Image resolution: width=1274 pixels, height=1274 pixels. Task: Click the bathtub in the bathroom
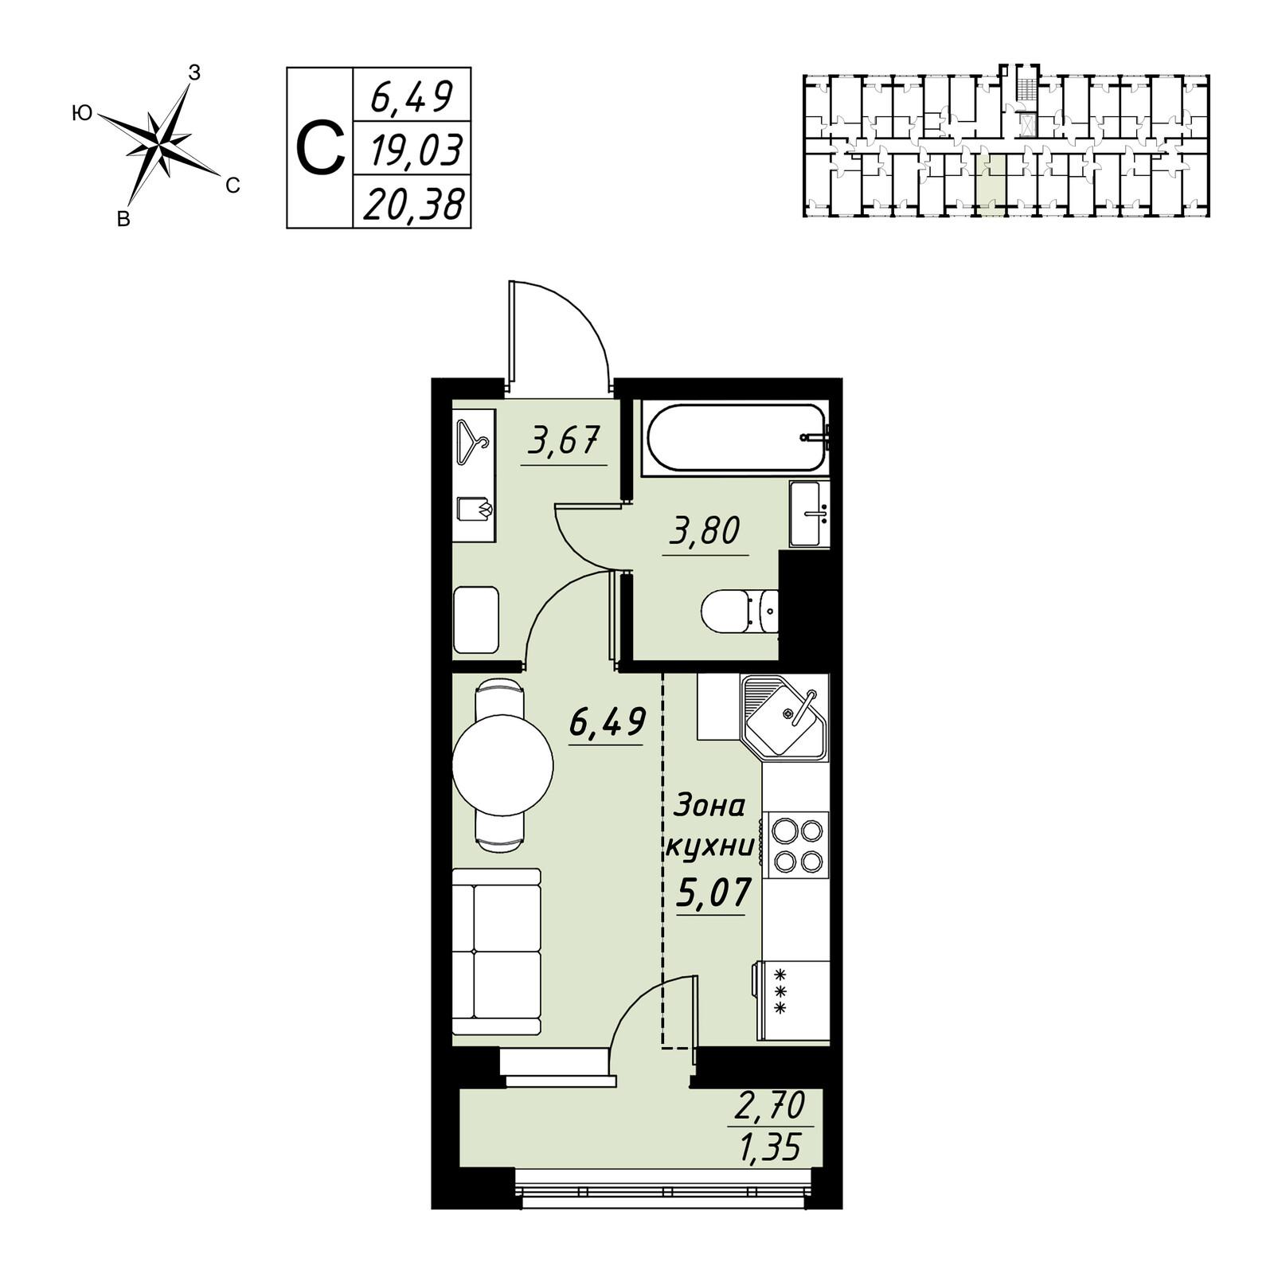[735, 439]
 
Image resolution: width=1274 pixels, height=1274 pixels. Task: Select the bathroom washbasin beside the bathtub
[809, 514]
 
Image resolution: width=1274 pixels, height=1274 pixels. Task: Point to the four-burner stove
[795, 845]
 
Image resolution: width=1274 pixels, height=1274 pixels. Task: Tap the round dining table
[502, 765]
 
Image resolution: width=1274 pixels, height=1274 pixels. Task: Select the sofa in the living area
[496, 952]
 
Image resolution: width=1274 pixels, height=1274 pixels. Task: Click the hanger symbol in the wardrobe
[472, 442]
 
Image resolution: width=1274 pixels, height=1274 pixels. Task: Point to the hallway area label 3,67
[563, 441]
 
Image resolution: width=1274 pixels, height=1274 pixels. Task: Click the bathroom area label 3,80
[705, 531]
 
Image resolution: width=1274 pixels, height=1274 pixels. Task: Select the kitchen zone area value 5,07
[713, 892]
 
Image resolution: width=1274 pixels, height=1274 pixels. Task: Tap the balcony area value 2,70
[770, 1105]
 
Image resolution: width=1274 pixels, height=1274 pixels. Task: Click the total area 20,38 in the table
[413, 204]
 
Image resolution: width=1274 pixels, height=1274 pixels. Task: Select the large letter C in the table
[320, 149]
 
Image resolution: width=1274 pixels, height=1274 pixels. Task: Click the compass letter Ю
[82, 114]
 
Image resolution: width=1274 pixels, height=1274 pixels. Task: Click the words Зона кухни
[709, 826]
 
